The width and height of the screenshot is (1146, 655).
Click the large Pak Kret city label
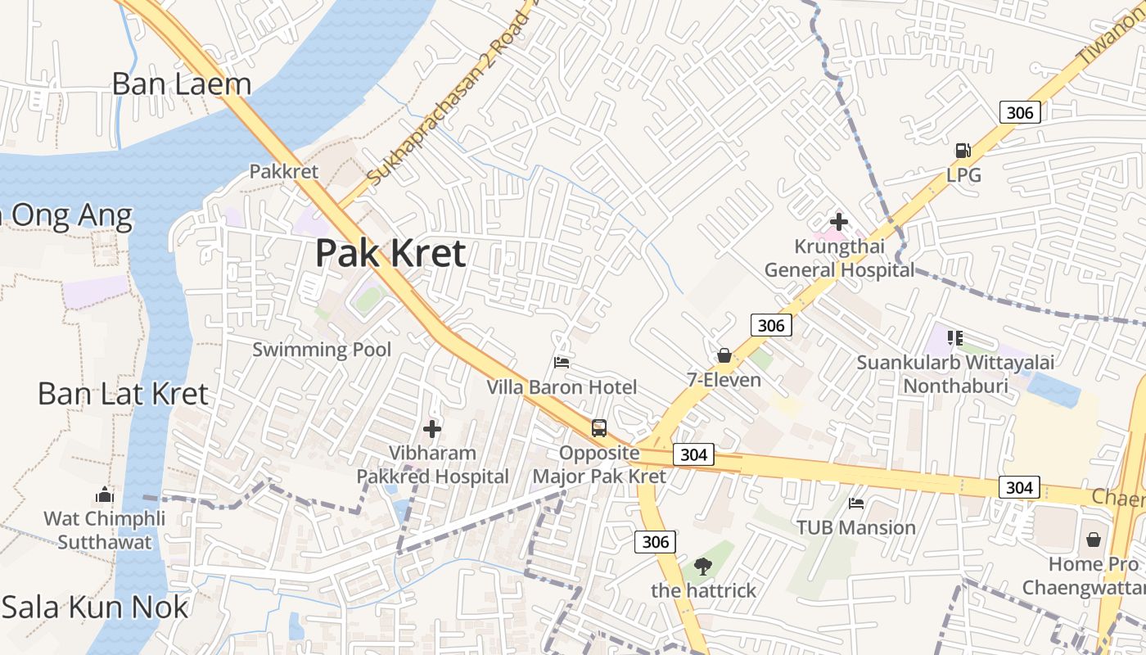pyautogui.click(x=390, y=253)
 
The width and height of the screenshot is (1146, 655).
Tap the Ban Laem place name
pyautogui.click(x=181, y=84)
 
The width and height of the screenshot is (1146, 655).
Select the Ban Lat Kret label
pyautogui.click(x=123, y=394)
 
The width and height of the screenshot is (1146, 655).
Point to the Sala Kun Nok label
pyautogui.click(x=95, y=608)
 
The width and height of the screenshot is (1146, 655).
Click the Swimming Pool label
pyautogui.click(x=322, y=350)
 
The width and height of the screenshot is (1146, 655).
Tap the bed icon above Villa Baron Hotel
pyautogui.click(x=562, y=362)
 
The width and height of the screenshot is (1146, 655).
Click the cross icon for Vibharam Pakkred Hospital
pyautogui.click(x=432, y=428)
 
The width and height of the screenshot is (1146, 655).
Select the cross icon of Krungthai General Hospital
pyautogui.click(x=839, y=221)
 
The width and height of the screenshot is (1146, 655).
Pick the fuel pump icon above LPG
pyautogui.click(x=963, y=150)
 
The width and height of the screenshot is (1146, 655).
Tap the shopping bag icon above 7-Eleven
pyautogui.click(x=724, y=355)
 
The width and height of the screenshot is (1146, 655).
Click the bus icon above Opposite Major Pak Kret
pyautogui.click(x=599, y=427)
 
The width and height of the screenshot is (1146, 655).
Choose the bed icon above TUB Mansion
pyautogui.click(x=856, y=503)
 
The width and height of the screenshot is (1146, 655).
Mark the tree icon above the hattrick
pyautogui.click(x=702, y=564)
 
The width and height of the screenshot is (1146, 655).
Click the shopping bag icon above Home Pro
pyautogui.click(x=1094, y=540)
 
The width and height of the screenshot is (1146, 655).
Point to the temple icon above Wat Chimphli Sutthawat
pyautogui.click(x=104, y=495)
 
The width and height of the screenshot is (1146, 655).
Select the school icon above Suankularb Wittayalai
pyautogui.click(x=954, y=337)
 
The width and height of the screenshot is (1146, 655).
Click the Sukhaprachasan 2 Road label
pyautogui.click(x=448, y=98)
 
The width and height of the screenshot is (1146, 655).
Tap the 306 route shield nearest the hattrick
pyautogui.click(x=656, y=541)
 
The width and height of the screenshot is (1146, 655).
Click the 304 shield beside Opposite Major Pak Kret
pyautogui.click(x=694, y=454)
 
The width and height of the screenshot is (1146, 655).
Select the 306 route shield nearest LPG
pyautogui.click(x=1020, y=112)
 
